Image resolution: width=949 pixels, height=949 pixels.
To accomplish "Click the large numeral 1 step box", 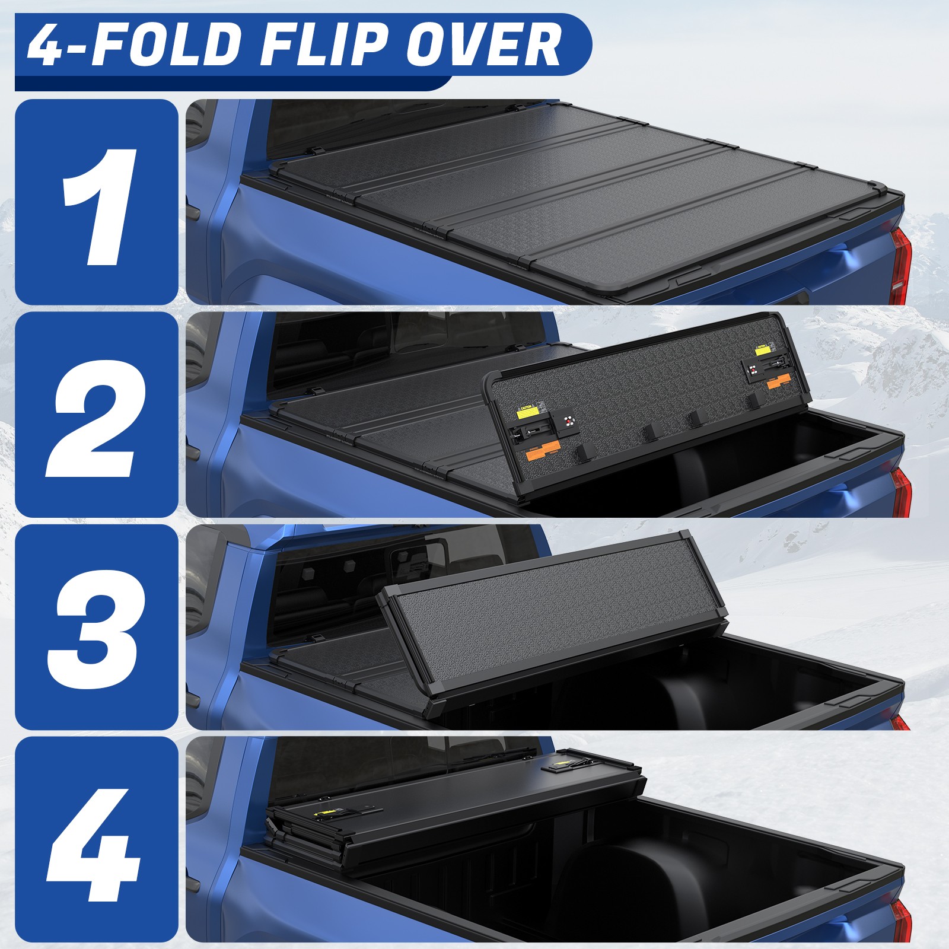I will (x=97, y=202).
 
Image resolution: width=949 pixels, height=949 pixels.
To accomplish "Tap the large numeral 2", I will (x=97, y=415).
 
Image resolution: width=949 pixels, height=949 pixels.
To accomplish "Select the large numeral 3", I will (x=97, y=628).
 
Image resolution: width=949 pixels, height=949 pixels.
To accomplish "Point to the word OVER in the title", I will (x=483, y=45).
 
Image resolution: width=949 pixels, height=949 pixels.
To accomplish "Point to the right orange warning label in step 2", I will (x=778, y=383).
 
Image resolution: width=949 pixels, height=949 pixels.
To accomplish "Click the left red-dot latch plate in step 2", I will (x=569, y=422).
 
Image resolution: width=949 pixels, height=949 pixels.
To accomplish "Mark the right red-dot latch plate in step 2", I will (x=754, y=371).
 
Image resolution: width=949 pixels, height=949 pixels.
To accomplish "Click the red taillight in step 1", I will (x=900, y=265).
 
